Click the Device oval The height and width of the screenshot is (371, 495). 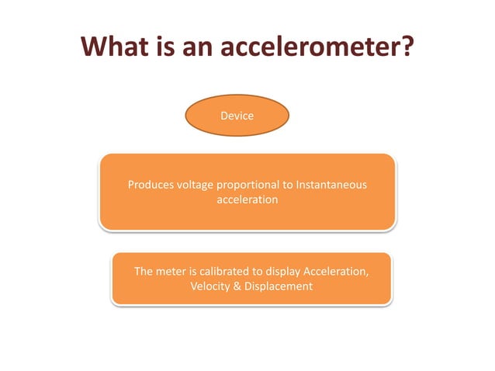[237, 116]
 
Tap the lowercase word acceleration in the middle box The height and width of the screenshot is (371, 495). [247, 199]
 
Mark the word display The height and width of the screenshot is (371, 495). [282, 272]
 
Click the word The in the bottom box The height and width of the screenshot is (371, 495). [144, 272]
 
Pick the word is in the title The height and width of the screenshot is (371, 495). [164, 49]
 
